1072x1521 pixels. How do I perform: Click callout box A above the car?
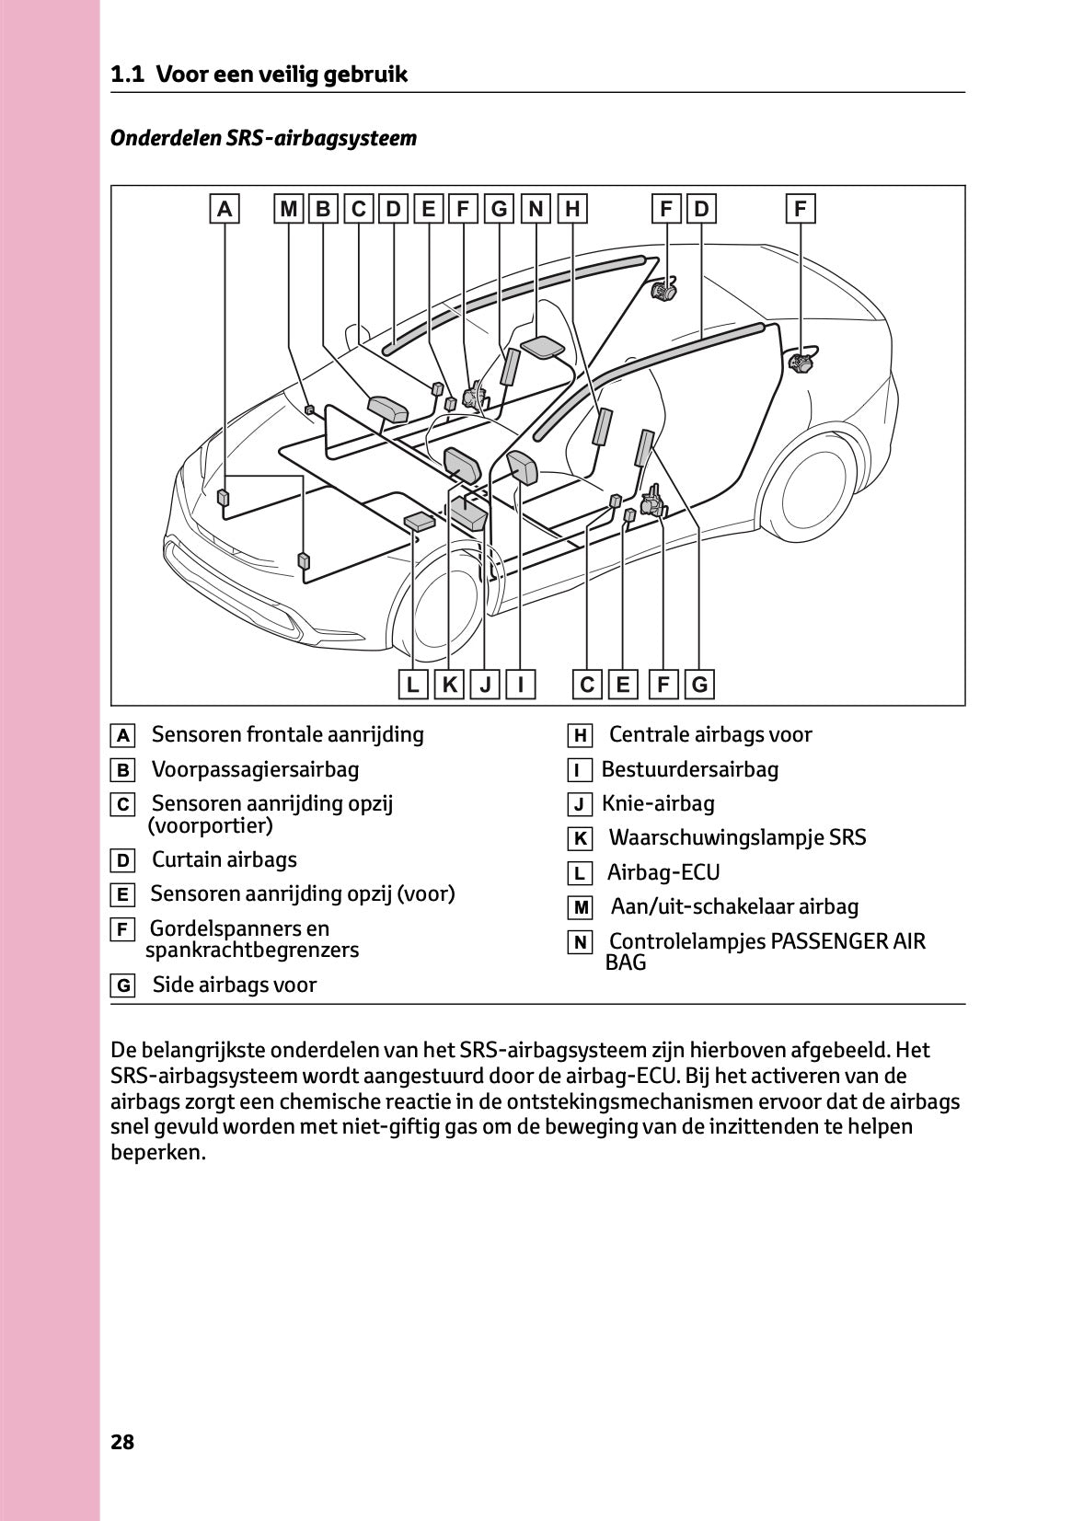pyautogui.click(x=225, y=209)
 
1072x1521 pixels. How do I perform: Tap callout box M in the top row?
pyautogui.click(x=289, y=209)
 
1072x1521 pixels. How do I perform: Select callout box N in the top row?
pyautogui.click(x=536, y=209)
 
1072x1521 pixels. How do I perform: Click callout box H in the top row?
pyautogui.click(x=572, y=209)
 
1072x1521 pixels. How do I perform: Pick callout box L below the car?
pyautogui.click(x=413, y=685)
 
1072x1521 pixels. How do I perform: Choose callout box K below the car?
pyautogui.click(x=449, y=685)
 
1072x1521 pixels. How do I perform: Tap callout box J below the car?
pyautogui.click(x=485, y=685)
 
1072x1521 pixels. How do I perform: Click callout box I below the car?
pyautogui.click(x=521, y=685)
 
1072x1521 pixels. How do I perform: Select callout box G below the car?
pyautogui.click(x=700, y=685)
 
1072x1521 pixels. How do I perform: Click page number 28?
pyautogui.click(x=122, y=1442)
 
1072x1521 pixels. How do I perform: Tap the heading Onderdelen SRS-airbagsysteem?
pyautogui.click(x=263, y=138)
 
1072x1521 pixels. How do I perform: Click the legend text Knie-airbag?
pyautogui.click(x=657, y=803)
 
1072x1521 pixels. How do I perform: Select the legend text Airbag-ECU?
pyautogui.click(x=663, y=872)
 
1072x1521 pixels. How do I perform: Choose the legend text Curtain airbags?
pyautogui.click(x=224, y=859)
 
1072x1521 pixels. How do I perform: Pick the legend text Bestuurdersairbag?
pyautogui.click(x=689, y=769)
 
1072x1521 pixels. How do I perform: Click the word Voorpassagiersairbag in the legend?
pyautogui.click(x=255, y=769)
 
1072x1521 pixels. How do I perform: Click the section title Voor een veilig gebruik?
pyautogui.click(x=281, y=75)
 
